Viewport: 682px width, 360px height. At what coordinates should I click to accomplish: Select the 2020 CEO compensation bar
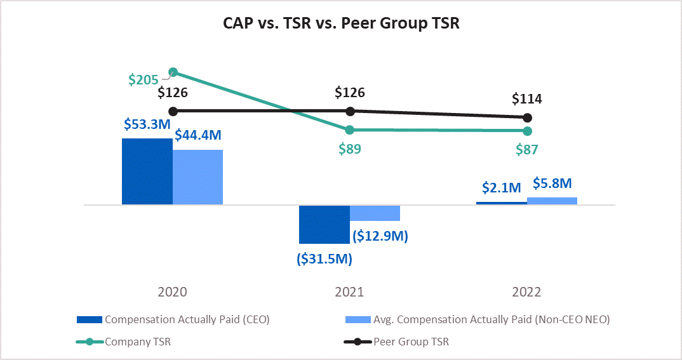tap(147, 171)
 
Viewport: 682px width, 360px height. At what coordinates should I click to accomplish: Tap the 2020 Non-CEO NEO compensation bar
tap(197, 177)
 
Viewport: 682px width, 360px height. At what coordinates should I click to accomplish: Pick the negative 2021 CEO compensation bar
tap(324, 224)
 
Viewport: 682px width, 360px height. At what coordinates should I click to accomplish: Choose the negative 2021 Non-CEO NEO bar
tap(375, 213)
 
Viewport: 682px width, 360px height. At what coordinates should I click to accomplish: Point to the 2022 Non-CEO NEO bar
tap(552, 201)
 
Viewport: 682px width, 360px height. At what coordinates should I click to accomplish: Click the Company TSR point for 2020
tap(173, 72)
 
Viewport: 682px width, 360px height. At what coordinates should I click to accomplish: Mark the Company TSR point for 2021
tap(349, 130)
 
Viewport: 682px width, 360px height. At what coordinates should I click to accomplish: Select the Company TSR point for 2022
tap(526, 131)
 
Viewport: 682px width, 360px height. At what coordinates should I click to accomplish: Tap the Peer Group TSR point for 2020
tap(173, 111)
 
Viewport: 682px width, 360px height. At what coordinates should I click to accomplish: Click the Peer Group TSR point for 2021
tap(349, 111)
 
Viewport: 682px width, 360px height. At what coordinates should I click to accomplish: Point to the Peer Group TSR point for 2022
tap(526, 117)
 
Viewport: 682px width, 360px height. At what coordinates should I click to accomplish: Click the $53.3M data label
tap(146, 125)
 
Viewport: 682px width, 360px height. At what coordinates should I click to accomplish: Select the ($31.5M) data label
tap(324, 258)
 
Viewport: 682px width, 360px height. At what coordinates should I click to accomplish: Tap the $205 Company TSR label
tap(143, 80)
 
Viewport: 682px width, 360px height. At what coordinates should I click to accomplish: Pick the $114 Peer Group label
tap(528, 99)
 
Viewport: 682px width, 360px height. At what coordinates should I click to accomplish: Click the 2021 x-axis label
tap(349, 292)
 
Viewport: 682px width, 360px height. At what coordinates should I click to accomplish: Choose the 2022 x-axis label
tap(526, 292)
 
